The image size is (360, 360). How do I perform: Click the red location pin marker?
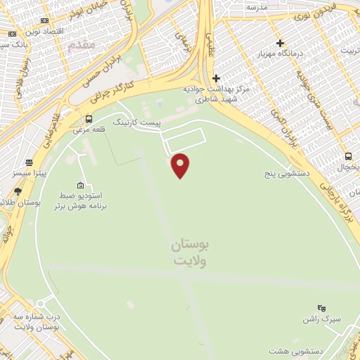(x=181, y=165)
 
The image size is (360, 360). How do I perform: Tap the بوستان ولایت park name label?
(x=190, y=252)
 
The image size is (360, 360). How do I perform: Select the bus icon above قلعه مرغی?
(x=89, y=119)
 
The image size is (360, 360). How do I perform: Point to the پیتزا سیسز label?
(x=30, y=172)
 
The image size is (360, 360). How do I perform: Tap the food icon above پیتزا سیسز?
(x=29, y=162)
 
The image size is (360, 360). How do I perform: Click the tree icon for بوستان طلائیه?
(x=18, y=191)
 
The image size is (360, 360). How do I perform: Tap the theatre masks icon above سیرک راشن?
(x=321, y=308)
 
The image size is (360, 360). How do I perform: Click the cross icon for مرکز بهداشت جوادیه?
(x=216, y=78)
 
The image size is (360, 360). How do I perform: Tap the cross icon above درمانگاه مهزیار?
(x=280, y=44)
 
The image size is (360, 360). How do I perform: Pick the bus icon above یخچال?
(x=348, y=156)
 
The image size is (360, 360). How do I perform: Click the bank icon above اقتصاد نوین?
(x=45, y=22)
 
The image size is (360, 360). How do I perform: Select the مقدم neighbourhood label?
(x=82, y=44)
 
